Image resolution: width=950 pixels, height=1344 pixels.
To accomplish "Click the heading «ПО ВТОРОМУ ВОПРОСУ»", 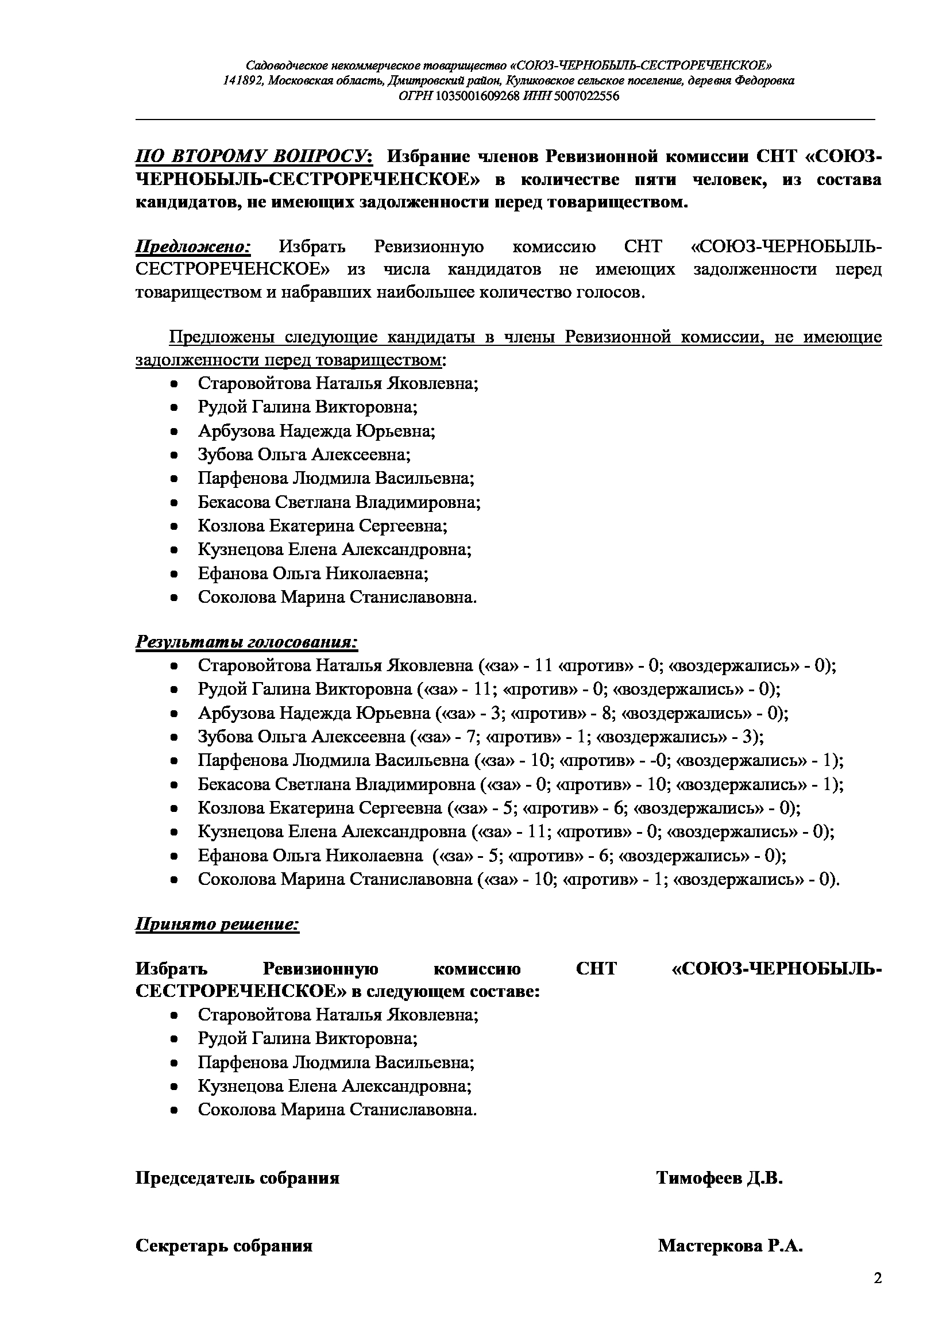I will (x=252, y=157).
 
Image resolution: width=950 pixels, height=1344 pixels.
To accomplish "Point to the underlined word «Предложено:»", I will (x=193, y=247).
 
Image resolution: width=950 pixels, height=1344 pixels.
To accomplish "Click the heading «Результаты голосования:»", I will (x=246, y=642).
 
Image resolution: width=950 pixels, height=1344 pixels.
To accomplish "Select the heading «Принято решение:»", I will (x=217, y=925).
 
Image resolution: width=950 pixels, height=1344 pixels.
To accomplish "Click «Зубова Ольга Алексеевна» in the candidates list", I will (x=304, y=455).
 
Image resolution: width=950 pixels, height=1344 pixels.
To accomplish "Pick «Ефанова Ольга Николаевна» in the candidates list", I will (x=313, y=573).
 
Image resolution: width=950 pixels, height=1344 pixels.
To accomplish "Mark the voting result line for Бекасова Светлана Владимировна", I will (x=520, y=784).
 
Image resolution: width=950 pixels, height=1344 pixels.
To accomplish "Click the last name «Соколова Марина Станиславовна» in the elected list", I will (x=337, y=1109).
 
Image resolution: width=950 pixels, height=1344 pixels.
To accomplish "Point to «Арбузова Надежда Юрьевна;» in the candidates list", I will (x=316, y=432).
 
